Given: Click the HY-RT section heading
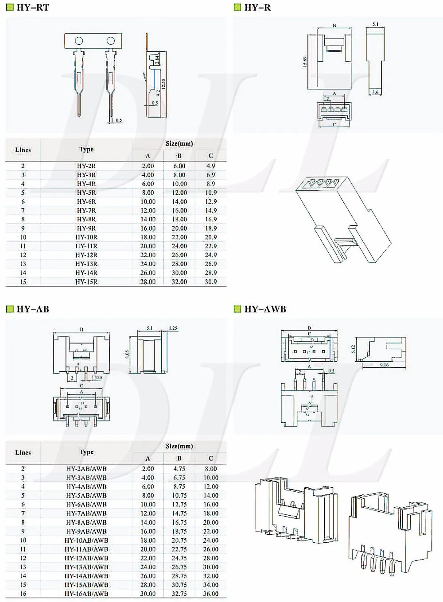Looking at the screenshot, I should point(33,8).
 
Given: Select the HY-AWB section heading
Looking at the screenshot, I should point(265,309).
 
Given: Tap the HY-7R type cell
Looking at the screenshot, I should point(86,211).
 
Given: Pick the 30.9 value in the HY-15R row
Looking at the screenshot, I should point(211,282).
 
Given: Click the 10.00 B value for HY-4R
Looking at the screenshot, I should point(179,184).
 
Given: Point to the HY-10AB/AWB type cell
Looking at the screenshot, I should point(86,540).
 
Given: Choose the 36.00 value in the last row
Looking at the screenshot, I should point(211,594).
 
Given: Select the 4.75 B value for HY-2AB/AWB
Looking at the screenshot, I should point(179,469).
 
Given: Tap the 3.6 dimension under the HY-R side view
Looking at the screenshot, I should point(375,92).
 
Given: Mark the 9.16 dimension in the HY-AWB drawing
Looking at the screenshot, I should point(384,365).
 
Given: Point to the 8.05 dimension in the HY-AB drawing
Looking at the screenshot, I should point(127,355).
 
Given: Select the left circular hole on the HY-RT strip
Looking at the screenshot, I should point(79,41).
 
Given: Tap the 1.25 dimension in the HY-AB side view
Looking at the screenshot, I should point(173,328).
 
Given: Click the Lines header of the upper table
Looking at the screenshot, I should point(23,150).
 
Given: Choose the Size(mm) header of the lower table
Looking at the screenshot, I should point(179,446).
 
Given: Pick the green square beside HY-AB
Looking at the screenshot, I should point(10,309).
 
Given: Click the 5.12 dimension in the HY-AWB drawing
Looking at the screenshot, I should point(353,349).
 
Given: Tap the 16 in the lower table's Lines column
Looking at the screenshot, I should point(23,594).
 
